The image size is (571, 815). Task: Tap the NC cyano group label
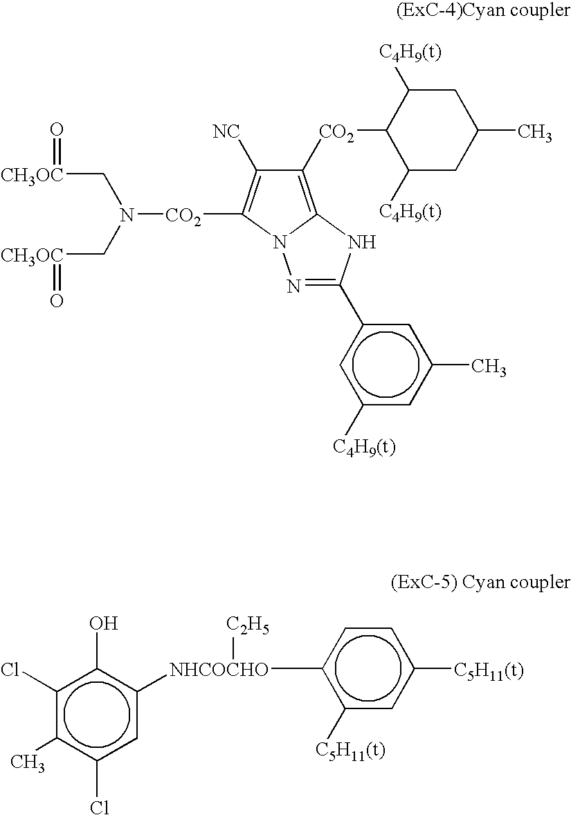pyautogui.click(x=227, y=132)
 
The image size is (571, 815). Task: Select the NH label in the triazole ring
pyautogui.click(x=361, y=243)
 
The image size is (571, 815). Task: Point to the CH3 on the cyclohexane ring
pyautogui.click(x=534, y=134)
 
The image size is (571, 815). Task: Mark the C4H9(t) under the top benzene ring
pyautogui.click(x=364, y=448)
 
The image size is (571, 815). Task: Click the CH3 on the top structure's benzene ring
pyautogui.click(x=489, y=367)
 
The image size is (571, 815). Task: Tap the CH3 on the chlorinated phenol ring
pyautogui.click(x=28, y=762)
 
